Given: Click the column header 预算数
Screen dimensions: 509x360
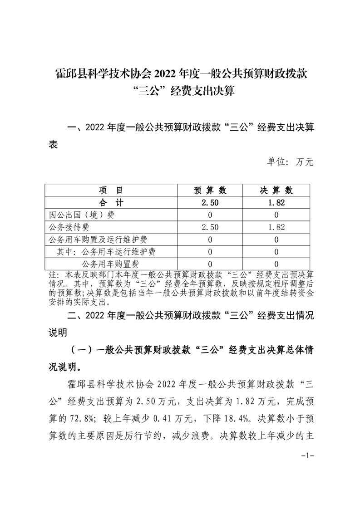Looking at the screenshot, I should click(x=210, y=191).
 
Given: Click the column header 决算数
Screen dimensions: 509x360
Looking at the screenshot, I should click(x=276, y=191).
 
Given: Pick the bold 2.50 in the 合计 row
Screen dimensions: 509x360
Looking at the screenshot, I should click(x=210, y=203).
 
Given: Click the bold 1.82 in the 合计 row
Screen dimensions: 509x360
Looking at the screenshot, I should click(x=276, y=203).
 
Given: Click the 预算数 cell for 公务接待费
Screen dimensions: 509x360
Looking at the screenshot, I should click(x=210, y=227).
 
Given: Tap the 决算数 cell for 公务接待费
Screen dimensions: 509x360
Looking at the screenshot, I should click(x=276, y=227).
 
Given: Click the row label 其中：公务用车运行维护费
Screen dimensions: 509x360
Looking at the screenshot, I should click(x=109, y=252).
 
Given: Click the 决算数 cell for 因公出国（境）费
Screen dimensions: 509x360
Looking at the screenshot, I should click(x=276, y=215).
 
